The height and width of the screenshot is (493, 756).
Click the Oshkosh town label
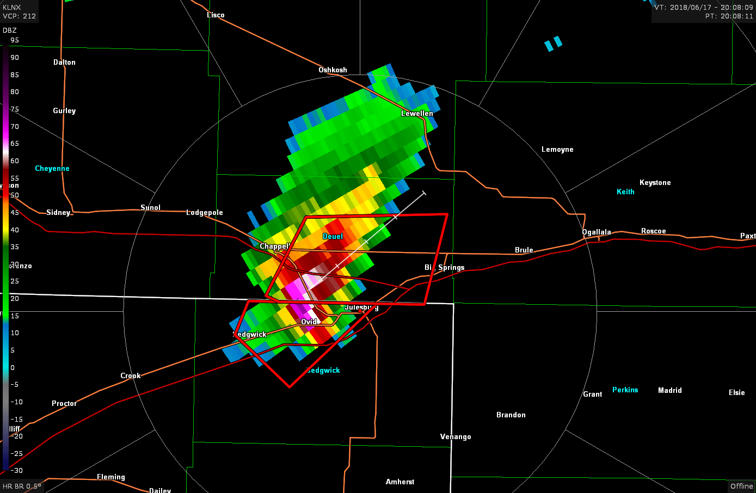click(333, 70)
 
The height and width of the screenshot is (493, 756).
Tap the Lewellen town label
click(417, 114)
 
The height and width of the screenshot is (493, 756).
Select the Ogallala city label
click(597, 232)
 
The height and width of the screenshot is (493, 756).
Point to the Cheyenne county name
click(52, 169)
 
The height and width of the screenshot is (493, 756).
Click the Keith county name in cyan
click(625, 192)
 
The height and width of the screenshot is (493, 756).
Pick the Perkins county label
click(625, 390)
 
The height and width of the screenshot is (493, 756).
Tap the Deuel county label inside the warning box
click(333, 237)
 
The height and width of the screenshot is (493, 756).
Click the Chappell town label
click(274, 246)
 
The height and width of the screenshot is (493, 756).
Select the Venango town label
click(456, 437)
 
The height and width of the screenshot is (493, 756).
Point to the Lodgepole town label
click(205, 213)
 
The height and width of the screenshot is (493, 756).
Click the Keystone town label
click(655, 183)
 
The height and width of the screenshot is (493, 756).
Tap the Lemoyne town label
click(557, 150)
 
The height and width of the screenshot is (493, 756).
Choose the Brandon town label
click(511, 415)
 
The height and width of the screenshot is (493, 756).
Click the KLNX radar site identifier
click(12, 8)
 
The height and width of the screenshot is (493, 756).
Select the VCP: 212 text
click(20, 16)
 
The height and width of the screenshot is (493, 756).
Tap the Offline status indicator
click(741, 486)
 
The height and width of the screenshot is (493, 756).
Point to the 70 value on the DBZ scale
click(15, 127)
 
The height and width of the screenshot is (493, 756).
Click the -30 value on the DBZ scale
click(17, 471)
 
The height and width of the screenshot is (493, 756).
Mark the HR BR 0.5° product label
click(22, 486)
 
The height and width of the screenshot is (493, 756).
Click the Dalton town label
click(64, 63)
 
